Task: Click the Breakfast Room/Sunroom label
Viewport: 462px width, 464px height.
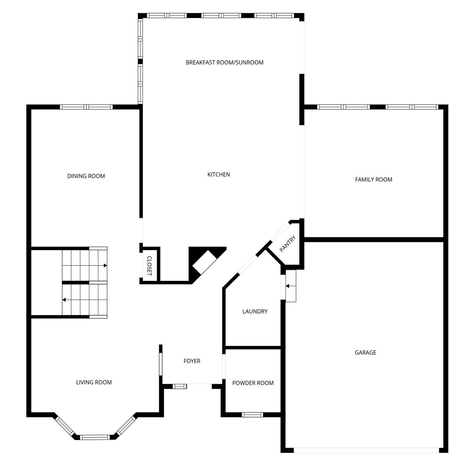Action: (225, 62)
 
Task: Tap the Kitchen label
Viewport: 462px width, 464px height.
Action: (219, 174)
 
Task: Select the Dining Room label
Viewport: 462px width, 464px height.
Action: (86, 176)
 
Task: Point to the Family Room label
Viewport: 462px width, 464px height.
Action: (374, 180)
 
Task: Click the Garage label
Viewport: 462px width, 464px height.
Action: (365, 353)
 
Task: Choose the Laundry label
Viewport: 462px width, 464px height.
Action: (255, 311)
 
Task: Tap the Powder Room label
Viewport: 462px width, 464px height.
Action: (253, 383)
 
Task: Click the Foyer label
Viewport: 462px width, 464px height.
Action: (192, 361)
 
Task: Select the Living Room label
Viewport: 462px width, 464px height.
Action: (94, 382)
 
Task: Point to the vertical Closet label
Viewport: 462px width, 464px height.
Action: (149, 266)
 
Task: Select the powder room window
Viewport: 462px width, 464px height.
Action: (252, 415)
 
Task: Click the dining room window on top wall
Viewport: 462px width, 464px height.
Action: (86, 107)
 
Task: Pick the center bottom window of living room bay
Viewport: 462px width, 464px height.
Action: (95, 437)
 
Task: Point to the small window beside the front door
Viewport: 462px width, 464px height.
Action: (179, 387)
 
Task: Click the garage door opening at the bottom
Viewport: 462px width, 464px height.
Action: (366, 450)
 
